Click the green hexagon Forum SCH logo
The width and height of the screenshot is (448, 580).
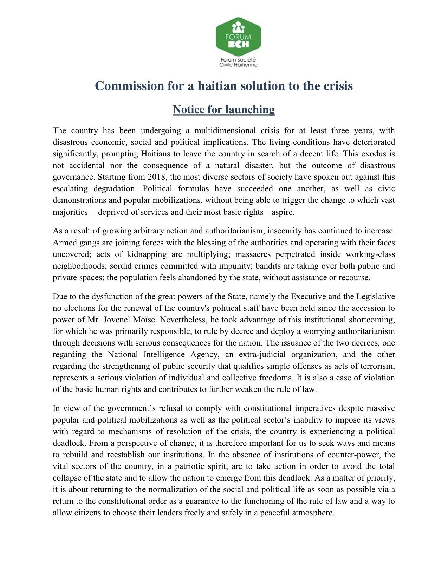[238, 37]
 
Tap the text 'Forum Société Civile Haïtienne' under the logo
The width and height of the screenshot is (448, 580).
[238, 62]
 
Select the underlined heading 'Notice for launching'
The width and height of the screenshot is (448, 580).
[224, 109]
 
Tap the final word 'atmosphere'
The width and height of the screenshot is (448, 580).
[312, 513]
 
